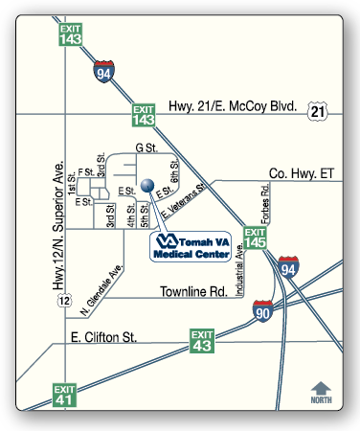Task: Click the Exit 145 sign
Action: [x=255, y=238]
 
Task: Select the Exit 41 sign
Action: [x=63, y=394]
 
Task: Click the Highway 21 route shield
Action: [x=317, y=112]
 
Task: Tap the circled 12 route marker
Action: [x=64, y=302]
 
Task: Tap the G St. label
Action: [x=146, y=148]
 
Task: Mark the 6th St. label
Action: [x=175, y=173]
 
